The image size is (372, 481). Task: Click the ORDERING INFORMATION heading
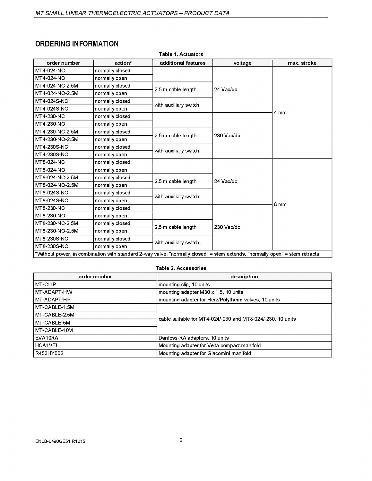(77, 44)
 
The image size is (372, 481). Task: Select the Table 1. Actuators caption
(181, 54)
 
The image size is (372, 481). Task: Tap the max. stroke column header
(302, 63)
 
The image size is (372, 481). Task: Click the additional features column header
(182, 63)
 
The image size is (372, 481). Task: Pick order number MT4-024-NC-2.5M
(56, 86)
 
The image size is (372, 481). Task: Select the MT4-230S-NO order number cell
(52, 155)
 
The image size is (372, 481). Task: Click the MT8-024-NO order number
(50, 170)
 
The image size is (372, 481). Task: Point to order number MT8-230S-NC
(52, 239)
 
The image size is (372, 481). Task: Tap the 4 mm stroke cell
(280, 113)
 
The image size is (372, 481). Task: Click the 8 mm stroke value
(280, 204)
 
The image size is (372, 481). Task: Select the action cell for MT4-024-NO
(111, 78)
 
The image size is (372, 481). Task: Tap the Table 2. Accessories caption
(181, 268)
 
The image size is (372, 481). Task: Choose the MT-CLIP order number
(46, 284)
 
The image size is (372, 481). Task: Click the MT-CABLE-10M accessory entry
(54, 330)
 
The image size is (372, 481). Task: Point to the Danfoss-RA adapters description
(194, 338)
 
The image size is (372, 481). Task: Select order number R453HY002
(49, 353)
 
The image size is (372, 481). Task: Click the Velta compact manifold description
(209, 346)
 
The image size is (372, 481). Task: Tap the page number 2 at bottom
(181, 440)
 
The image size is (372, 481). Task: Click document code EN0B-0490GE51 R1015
(60, 441)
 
